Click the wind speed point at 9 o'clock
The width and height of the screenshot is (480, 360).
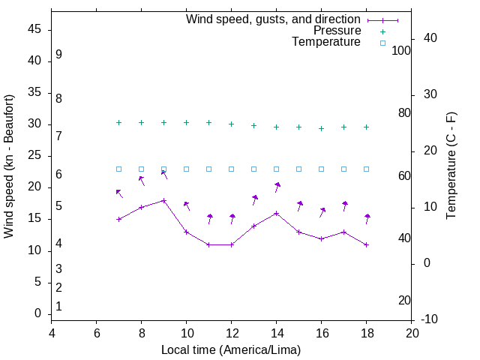point(163,200)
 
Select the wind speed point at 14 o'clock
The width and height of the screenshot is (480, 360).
point(276,213)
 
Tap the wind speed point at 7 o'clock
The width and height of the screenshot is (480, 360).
point(118,219)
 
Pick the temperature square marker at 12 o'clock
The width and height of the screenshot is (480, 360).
point(231,169)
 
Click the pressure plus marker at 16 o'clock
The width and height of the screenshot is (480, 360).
point(321,128)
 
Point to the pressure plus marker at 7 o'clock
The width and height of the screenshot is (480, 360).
point(118,122)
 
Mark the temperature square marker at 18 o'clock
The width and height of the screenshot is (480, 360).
point(366,169)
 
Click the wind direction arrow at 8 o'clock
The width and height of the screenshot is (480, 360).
point(141,180)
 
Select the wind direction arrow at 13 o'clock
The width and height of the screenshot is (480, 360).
point(254,199)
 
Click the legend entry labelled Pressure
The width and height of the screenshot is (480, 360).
point(337,31)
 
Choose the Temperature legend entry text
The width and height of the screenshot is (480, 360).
point(326,42)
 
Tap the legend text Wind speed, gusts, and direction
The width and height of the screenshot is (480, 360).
point(273,19)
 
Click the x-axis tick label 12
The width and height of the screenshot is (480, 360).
point(232,332)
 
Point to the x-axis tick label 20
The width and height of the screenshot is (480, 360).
point(412,332)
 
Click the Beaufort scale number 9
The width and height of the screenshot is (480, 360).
point(58,55)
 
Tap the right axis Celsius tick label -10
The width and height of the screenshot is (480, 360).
point(431,319)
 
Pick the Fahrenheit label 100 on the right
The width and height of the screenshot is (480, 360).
point(402,50)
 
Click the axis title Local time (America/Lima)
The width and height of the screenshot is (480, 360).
point(231,349)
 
